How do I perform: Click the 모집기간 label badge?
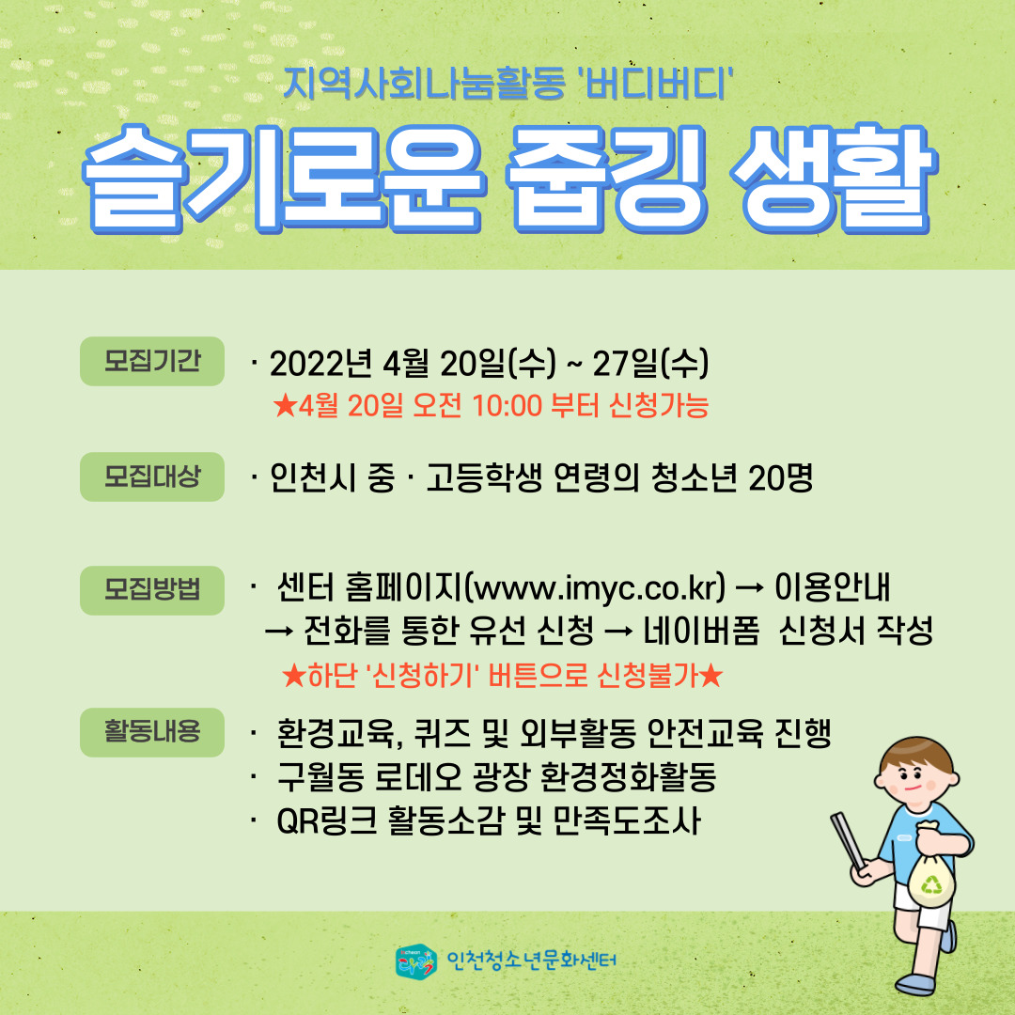(152, 361)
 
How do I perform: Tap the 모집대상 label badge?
(152, 477)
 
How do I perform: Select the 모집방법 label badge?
(152, 590)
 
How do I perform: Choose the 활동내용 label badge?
(152, 732)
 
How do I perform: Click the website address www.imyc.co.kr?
(596, 587)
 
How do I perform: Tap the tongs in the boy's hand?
(848, 841)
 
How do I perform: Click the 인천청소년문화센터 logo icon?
(415, 960)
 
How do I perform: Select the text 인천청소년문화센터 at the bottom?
(531, 960)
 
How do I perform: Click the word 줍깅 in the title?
(606, 180)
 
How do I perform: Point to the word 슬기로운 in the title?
(283, 180)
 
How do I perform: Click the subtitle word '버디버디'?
(658, 85)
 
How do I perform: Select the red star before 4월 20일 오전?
(284, 406)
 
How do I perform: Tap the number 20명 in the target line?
(780, 477)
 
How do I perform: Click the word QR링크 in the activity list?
(326, 820)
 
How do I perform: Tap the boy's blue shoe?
(914, 985)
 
